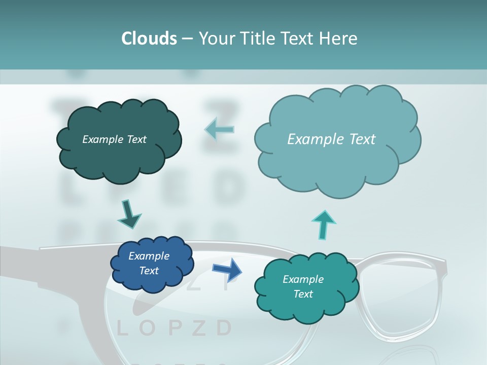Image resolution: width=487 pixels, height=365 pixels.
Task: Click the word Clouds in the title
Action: (149, 39)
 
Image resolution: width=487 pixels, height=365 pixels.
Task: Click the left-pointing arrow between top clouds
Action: (219, 130)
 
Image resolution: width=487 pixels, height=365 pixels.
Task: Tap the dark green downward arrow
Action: (129, 214)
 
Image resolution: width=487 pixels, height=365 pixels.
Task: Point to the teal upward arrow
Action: (324, 224)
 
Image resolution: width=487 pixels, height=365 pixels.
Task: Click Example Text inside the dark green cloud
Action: (114, 139)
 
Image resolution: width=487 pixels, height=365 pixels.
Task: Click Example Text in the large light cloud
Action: (331, 139)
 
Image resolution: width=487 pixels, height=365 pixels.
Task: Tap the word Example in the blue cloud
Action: (149, 256)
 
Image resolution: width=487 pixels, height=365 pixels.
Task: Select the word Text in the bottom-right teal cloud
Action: (303, 294)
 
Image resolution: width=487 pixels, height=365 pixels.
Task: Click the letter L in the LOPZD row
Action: (122, 328)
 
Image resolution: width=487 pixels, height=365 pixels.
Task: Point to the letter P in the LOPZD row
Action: (173, 328)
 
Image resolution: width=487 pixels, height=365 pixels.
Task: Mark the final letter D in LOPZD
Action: (224, 328)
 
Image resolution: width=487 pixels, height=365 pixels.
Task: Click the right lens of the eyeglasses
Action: (401, 299)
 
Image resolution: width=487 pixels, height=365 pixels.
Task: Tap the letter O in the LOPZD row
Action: (147, 328)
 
